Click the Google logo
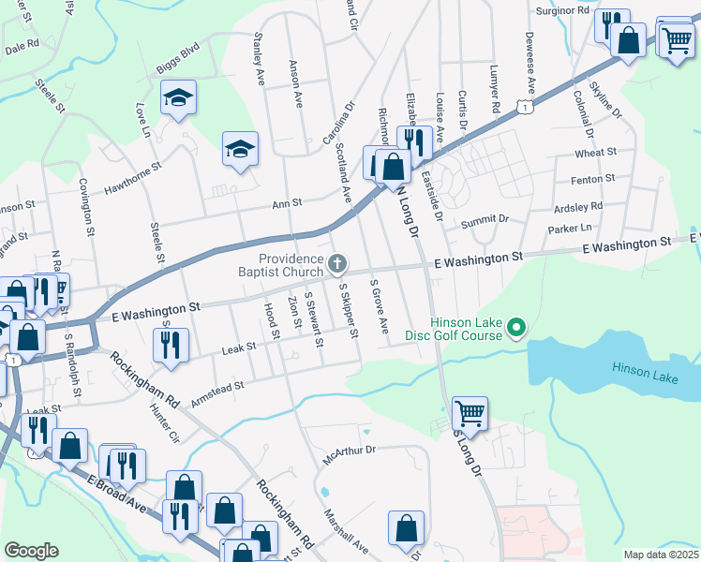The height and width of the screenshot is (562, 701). (31, 550)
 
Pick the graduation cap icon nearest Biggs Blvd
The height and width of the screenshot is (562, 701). (176, 98)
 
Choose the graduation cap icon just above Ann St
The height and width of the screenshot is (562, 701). (240, 148)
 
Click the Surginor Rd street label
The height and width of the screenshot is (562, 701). (562, 10)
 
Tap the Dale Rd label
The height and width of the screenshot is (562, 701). (22, 44)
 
